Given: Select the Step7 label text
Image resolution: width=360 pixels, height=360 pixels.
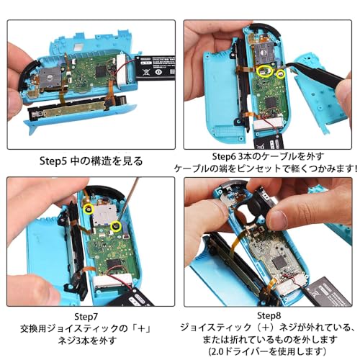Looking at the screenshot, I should pos(89,315).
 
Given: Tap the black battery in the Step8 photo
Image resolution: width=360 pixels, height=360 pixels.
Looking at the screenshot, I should pos(332,284).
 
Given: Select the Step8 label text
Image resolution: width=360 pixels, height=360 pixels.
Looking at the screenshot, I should pos(270,315).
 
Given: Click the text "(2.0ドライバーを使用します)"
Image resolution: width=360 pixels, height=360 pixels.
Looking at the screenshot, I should pos(270,350).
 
